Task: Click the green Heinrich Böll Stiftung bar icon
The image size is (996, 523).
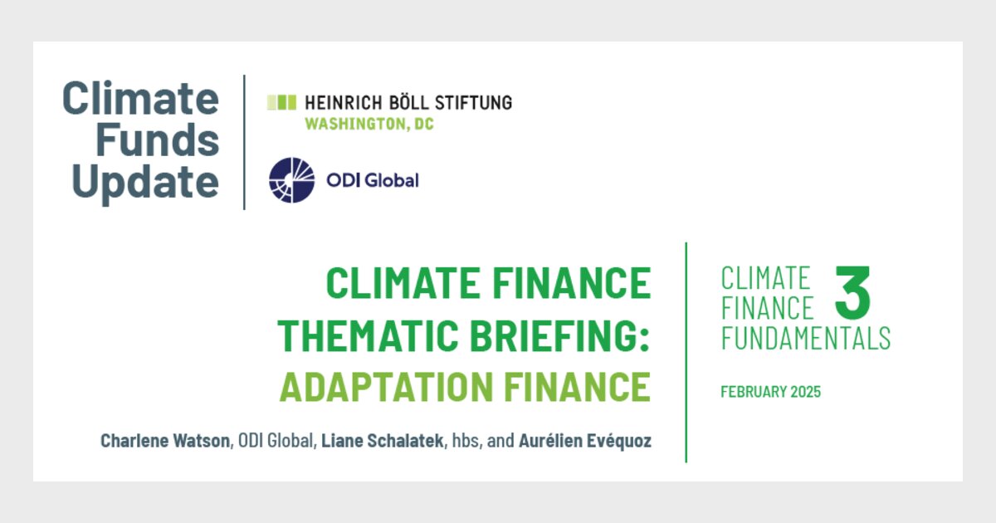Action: pos(281,102)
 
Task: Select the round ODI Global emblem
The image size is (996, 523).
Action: pos(292,180)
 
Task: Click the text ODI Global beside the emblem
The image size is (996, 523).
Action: pos(372,180)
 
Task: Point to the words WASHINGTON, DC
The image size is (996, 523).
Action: pos(369,125)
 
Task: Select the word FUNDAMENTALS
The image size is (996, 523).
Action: pos(805,338)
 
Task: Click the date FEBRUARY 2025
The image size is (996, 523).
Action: pos(770,392)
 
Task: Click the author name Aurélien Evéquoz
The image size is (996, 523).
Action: pos(585,441)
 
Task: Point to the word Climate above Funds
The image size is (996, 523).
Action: pos(140,99)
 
